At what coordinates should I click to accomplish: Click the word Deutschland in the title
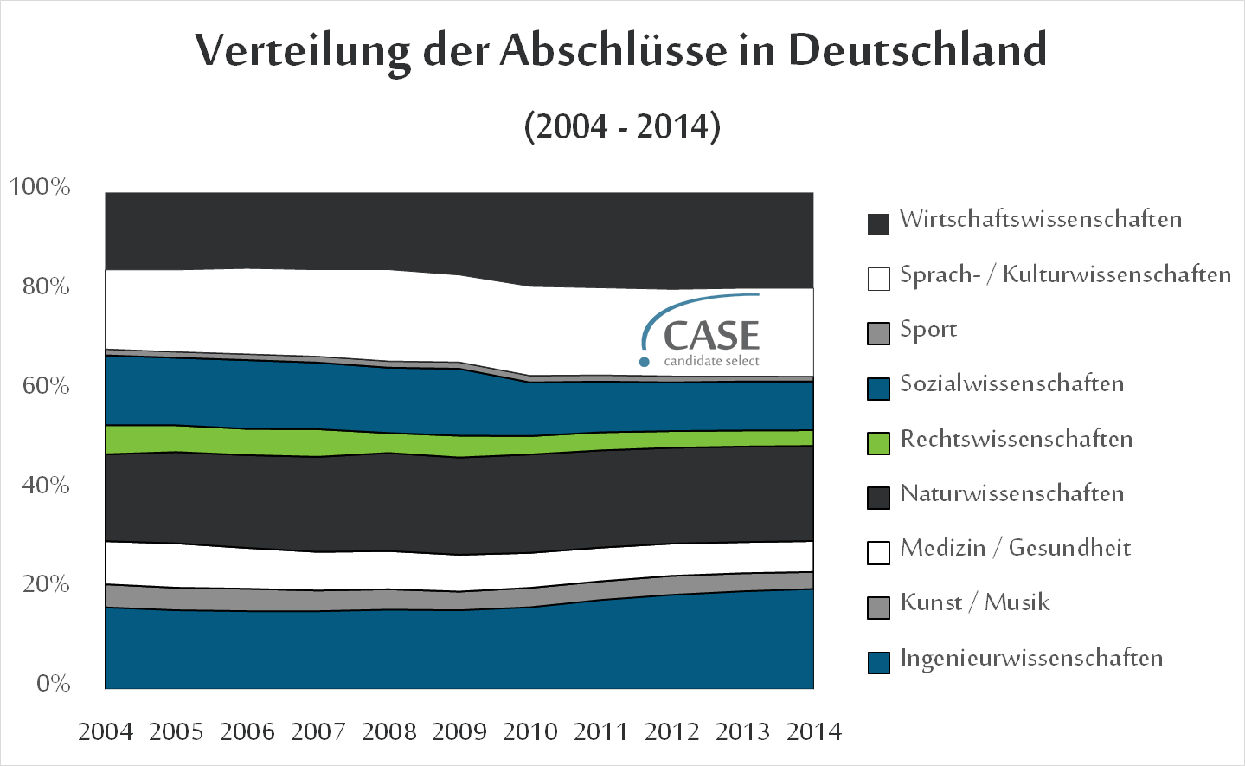[x=916, y=50]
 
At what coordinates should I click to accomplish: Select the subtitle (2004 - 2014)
[x=622, y=126]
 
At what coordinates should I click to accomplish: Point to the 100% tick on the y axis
[x=40, y=187]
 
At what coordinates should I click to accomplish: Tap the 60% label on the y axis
[x=46, y=386]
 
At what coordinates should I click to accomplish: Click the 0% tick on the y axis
[x=53, y=684]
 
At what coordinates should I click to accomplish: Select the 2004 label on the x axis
[x=106, y=732]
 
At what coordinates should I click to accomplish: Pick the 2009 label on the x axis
[x=459, y=732]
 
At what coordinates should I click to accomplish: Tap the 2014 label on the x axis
[x=813, y=732]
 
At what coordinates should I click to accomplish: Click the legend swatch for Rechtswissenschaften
[x=878, y=443]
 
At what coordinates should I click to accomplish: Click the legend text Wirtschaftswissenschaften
[x=1041, y=220]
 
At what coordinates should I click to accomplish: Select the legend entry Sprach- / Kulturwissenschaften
[x=1065, y=275]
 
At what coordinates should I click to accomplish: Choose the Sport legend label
[x=928, y=330]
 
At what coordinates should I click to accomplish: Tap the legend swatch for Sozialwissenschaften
[x=878, y=389]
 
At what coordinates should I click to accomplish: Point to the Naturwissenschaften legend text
[x=1012, y=494]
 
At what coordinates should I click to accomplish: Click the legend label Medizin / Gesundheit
[x=1015, y=549]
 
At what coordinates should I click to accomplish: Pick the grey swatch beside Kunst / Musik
[x=878, y=608]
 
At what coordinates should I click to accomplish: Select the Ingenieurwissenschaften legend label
[x=1031, y=659]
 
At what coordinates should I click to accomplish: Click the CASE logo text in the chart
[x=710, y=336]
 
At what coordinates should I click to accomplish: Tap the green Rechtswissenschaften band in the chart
[x=260, y=441]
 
